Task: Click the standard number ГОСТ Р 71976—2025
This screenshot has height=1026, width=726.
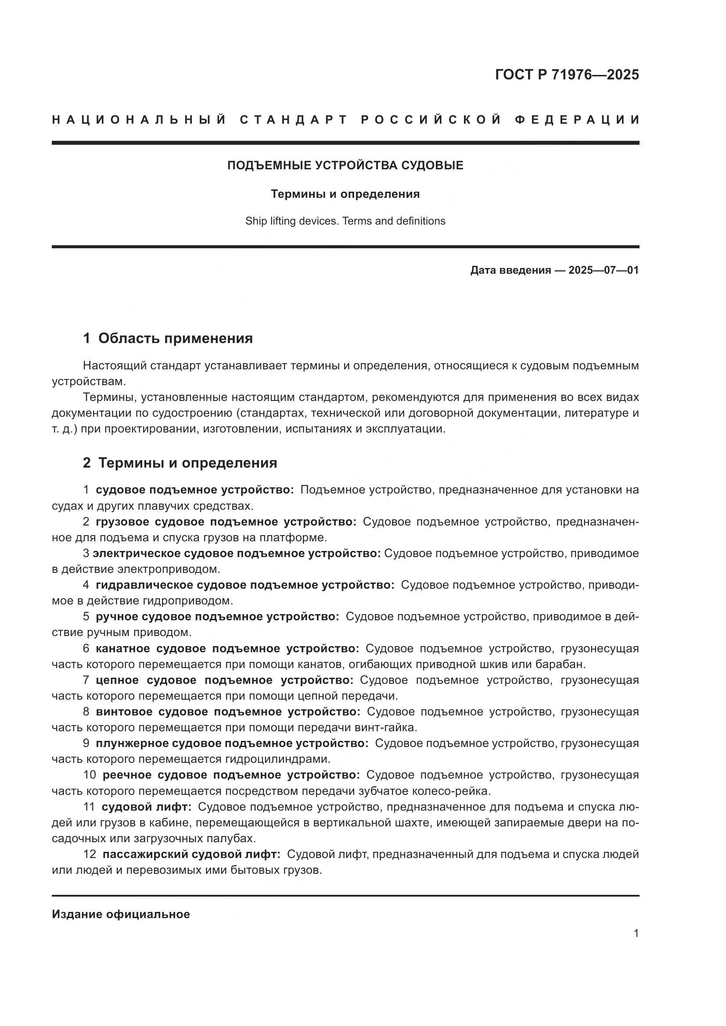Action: pos(566,75)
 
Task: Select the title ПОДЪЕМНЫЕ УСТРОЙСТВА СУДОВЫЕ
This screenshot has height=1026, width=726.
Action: pos(345,166)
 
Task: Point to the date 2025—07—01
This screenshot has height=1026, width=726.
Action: pos(603,270)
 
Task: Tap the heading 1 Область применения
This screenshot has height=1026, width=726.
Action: pos(168,338)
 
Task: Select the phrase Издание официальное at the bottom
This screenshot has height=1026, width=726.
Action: pos(121,914)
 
